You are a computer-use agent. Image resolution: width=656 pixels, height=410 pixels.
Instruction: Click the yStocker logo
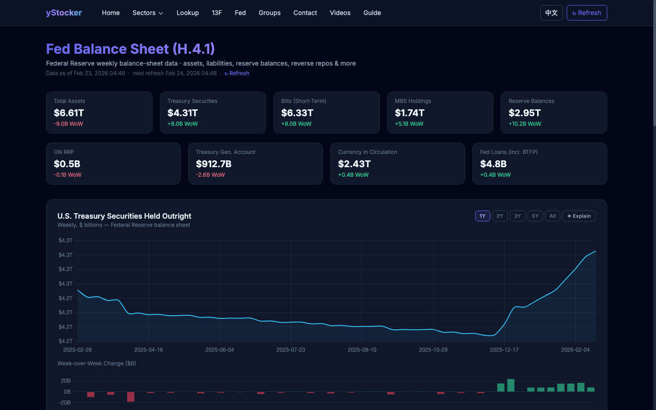(64, 13)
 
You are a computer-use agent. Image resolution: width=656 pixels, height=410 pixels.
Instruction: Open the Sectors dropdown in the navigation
(148, 13)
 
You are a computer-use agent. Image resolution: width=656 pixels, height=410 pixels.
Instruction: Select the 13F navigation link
(217, 13)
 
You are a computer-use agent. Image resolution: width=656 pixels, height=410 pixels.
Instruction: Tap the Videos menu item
(340, 13)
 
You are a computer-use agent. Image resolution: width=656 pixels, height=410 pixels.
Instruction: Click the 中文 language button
(551, 13)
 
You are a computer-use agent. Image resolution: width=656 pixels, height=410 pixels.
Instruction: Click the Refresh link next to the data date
(237, 73)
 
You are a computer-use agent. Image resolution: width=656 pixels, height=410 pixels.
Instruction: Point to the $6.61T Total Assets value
(69, 113)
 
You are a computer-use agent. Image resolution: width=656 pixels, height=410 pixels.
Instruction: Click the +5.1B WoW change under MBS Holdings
(409, 124)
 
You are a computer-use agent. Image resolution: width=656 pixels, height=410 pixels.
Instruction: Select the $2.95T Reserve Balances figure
(524, 113)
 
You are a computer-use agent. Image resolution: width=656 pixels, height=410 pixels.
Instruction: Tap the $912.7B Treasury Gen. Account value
(214, 164)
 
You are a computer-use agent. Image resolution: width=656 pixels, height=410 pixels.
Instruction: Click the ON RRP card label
(64, 152)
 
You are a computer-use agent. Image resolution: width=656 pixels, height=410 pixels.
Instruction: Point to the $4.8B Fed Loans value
(493, 164)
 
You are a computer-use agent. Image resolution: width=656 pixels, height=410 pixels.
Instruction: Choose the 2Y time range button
(500, 216)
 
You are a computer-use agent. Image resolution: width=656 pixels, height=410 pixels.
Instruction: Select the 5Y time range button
(535, 216)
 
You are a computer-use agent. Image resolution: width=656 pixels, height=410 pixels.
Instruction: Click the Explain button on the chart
(579, 216)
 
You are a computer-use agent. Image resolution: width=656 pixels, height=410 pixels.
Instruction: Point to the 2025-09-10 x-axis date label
(362, 350)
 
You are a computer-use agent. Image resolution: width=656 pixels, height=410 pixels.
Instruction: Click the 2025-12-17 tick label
(504, 350)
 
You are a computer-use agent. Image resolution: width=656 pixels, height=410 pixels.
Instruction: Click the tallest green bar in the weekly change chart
(511, 385)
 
